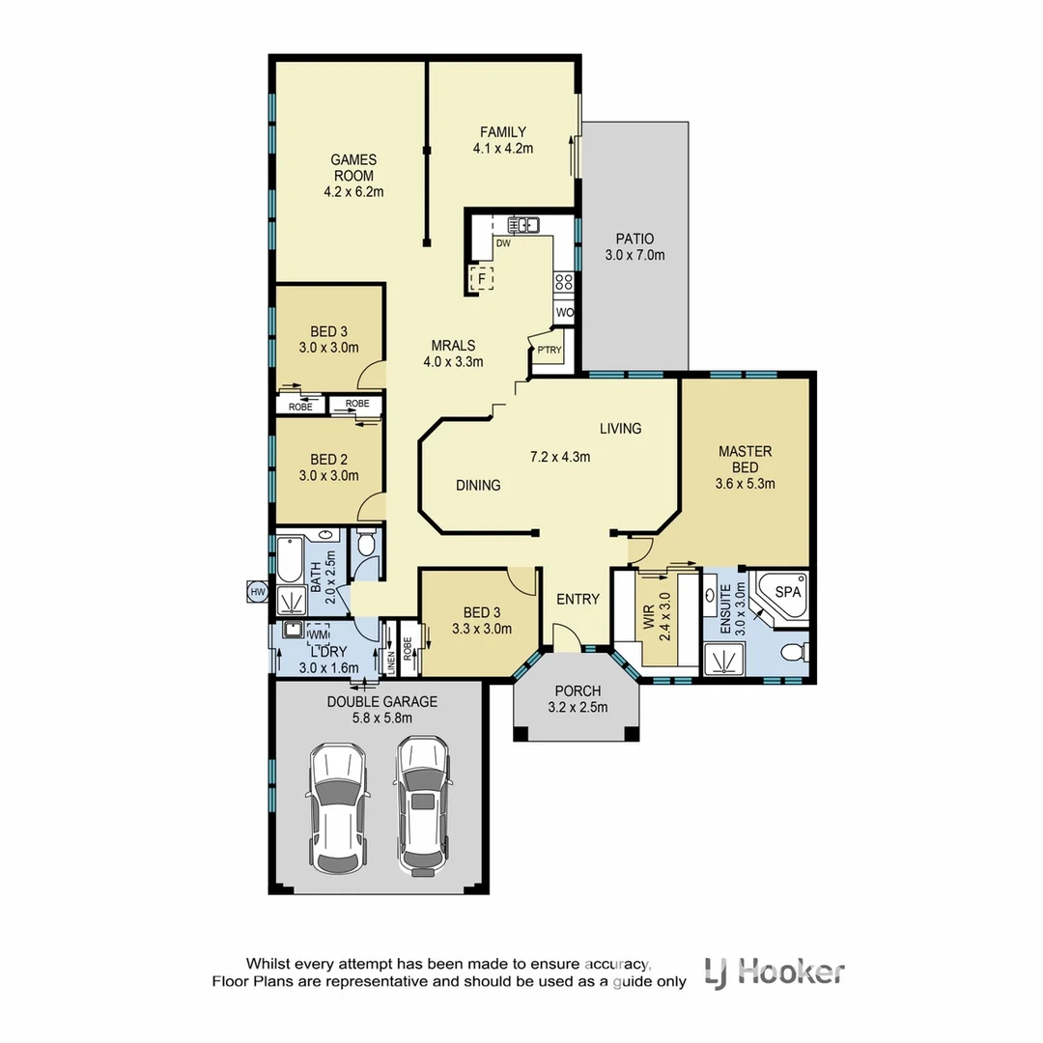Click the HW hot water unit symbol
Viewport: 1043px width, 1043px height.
[257, 591]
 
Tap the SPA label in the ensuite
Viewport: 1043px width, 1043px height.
[788, 591]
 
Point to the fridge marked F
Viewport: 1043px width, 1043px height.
[480, 279]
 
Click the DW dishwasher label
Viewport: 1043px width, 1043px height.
[503, 243]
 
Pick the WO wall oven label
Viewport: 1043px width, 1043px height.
[565, 313]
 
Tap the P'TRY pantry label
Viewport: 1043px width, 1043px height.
[550, 350]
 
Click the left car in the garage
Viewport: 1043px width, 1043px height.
[335, 806]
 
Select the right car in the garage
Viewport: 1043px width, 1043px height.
[422, 806]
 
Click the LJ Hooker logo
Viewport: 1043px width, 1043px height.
[775, 971]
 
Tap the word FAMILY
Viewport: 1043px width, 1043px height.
[503, 132]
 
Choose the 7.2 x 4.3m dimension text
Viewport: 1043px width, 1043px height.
[560, 457]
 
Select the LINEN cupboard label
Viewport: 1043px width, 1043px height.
[392, 661]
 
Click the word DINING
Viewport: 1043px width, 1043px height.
[478, 485]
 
